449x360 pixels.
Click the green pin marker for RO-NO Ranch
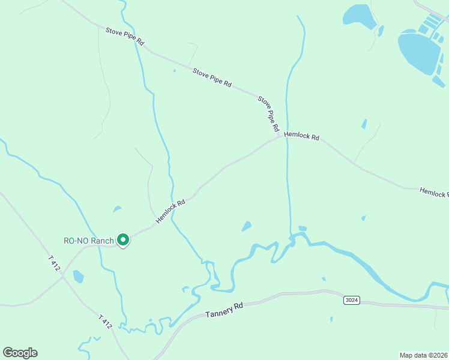click(x=123, y=240)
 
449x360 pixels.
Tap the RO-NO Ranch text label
click(x=89, y=241)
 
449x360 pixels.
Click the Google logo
click(x=20, y=353)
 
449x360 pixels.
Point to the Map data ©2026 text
click(x=423, y=355)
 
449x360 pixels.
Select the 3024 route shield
click(x=352, y=299)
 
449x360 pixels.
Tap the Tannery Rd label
click(x=224, y=310)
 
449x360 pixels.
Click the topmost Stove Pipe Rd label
click(x=125, y=37)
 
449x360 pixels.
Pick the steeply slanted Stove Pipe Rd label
click(x=268, y=113)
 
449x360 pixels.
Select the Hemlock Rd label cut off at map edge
click(x=433, y=193)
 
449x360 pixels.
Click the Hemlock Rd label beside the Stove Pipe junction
click(x=301, y=136)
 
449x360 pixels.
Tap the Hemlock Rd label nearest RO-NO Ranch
click(x=170, y=212)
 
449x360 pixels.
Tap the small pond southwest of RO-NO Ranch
click(x=78, y=277)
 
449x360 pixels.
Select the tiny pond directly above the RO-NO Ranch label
click(x=116, y=209)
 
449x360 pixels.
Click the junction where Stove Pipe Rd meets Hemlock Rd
click(x=280, y=136)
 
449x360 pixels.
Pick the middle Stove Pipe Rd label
click(x=212, y=78)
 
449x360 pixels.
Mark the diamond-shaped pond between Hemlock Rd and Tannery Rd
click(x=246, y=226)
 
